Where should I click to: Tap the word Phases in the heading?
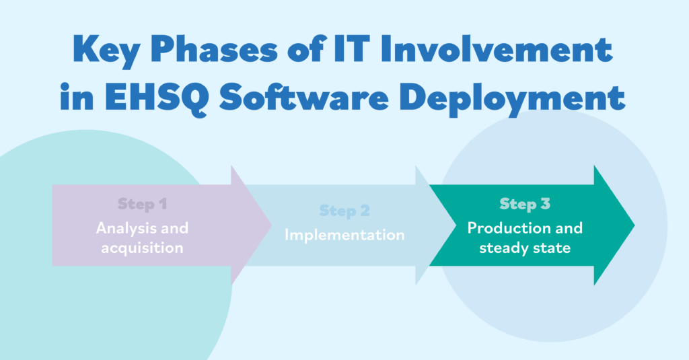click(215, 49)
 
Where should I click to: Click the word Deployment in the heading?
click(512, 99)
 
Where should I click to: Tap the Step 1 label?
click(143, 204)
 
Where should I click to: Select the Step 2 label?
click(344, 211)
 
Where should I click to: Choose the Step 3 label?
click(525, 204)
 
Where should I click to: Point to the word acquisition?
click(143, 248)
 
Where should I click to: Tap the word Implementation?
click(344, 235)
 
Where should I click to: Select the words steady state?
click(525, 248)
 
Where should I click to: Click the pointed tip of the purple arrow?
click(272, 225)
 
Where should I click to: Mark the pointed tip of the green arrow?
click(634, 225)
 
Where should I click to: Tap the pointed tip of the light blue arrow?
click(456, 225)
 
